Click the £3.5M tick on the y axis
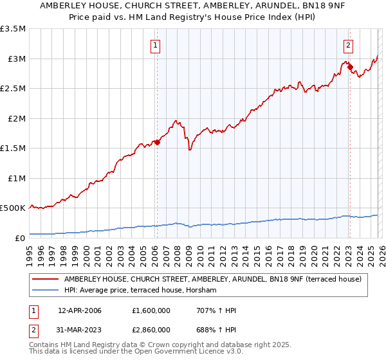(x=13, y=29)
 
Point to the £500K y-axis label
(x=13, y=208)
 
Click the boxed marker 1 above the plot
(x=156, y=45)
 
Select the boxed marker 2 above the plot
(x=348, y=45)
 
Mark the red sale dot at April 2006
(x=157, y=143)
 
